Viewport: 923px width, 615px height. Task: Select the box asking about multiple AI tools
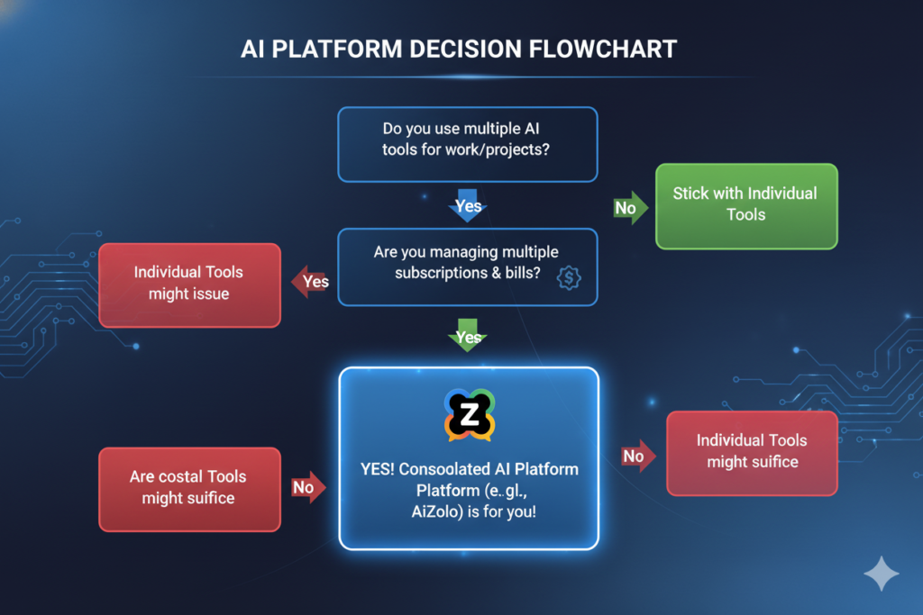pos(467,145)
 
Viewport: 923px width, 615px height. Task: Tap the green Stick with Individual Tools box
pos(745,205)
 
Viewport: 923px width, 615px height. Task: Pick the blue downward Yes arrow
pos(468,204)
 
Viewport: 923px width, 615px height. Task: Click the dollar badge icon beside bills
pos(569,277)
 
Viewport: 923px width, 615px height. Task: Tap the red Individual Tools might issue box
pos(188,284)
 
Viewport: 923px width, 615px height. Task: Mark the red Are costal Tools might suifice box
pos(188,488)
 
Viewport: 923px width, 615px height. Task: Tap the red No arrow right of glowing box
pos(636,456)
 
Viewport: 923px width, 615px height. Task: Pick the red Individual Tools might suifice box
pos(752,452)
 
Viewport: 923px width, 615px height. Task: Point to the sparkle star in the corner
pos(880,574)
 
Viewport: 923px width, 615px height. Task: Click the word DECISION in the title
pos(458,49)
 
